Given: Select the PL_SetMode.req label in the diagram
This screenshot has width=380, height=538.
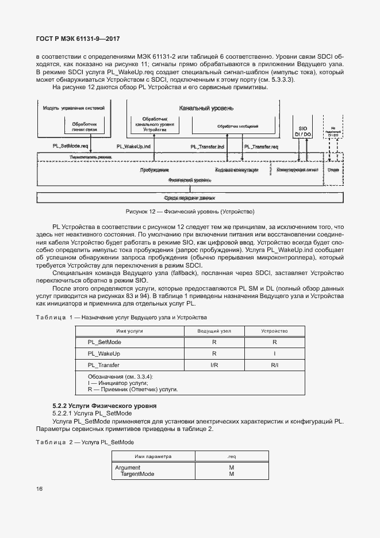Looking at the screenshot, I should [70, 147].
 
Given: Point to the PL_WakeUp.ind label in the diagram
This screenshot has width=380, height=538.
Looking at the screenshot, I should [133, 147].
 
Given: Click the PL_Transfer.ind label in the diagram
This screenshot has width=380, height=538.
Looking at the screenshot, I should [208, 147].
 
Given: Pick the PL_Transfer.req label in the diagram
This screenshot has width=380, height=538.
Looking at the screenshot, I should [261, 147].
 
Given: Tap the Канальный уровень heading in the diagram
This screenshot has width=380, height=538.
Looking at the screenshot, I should [206, 108].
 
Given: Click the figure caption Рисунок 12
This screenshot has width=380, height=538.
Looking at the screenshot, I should [190, 211].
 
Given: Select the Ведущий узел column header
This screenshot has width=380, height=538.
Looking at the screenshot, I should [214, 331].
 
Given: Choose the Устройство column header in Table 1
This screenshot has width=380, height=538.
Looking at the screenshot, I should [274, 331].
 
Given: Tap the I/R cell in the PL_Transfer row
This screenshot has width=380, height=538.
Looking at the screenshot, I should [214, 365].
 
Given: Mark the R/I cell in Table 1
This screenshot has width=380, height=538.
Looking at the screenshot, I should [274, 365].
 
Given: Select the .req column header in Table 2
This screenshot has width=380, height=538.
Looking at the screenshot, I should [231, 456].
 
